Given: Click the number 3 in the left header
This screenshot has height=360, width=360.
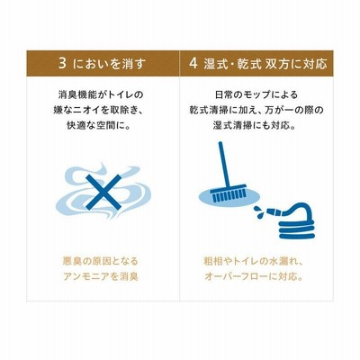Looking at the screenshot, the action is tap(62, 64).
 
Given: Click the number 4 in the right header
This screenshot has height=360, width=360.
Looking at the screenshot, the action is tap(193, 64).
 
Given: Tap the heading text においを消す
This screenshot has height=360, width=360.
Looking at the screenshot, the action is tap(110, 64).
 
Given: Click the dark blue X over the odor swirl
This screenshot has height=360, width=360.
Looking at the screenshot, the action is tap(103, 192).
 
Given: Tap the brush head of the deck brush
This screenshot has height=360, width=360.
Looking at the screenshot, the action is tap(229, 193).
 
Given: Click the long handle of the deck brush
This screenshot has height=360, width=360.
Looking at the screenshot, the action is tap(223, 164).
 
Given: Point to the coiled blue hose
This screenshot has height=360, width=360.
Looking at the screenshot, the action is tap(297, 222).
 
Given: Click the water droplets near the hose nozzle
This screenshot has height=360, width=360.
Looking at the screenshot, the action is tap(258, 211).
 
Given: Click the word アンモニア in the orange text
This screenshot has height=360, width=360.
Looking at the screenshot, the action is tap(86, 276).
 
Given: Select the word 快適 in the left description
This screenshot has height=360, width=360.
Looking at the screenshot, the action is tap(75, 126).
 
